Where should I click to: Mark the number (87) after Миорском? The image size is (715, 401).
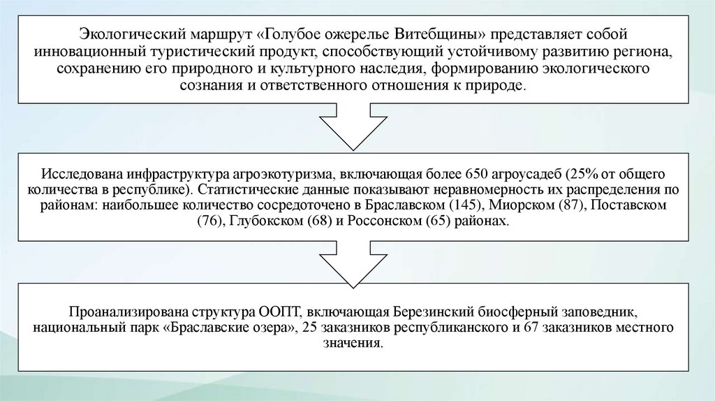(x=572, y=207)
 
